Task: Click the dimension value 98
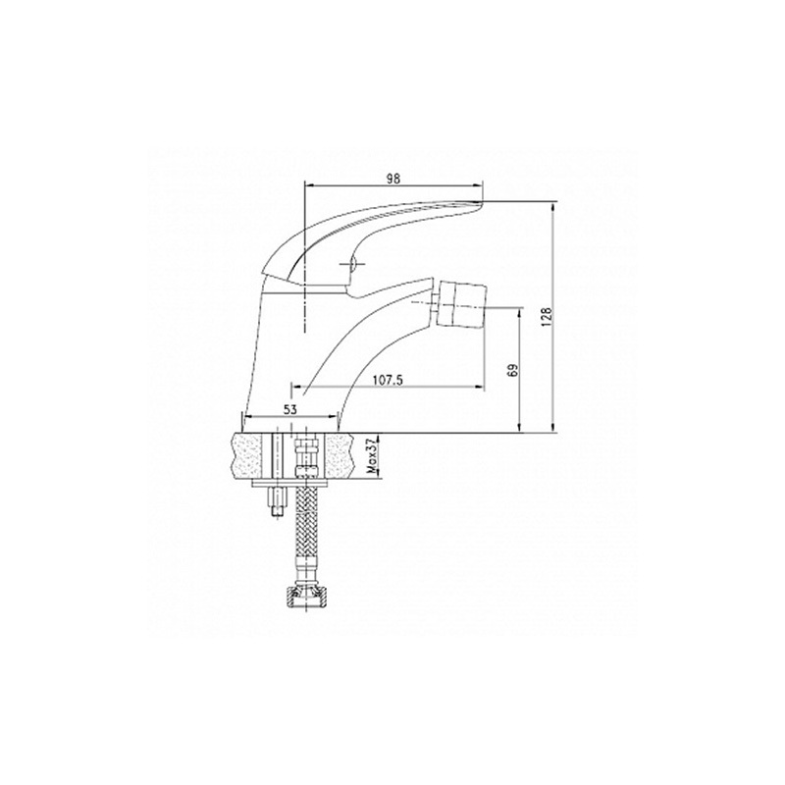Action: [394, 179]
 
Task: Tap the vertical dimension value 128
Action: [547, 316]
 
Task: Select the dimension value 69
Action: [512, 370]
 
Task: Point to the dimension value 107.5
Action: [388, 381]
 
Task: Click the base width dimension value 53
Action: [290, 409]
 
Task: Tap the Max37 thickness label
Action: [372, 455]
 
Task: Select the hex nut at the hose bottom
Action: [303, 597]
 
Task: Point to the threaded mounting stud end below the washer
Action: [277, 502]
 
